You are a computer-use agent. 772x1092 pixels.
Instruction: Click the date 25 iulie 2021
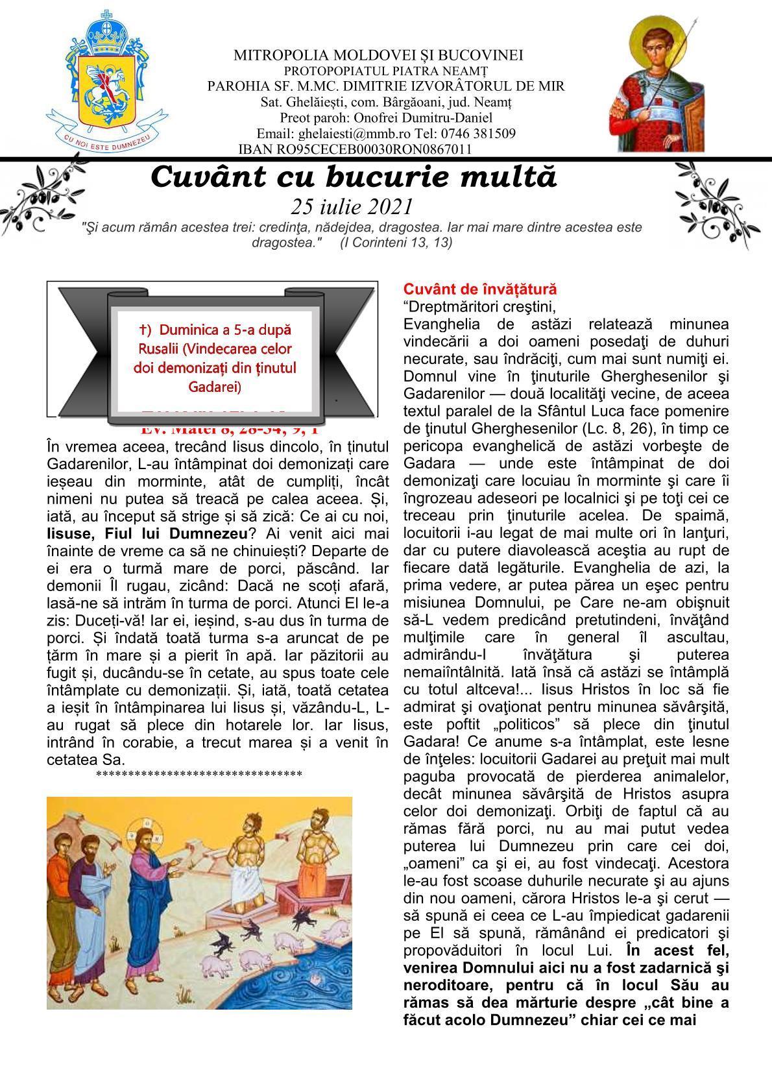tap(352, 206)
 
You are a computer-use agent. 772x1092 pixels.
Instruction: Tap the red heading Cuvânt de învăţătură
tap(480, 289)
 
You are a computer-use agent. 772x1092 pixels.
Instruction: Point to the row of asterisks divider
tap(199, 774)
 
